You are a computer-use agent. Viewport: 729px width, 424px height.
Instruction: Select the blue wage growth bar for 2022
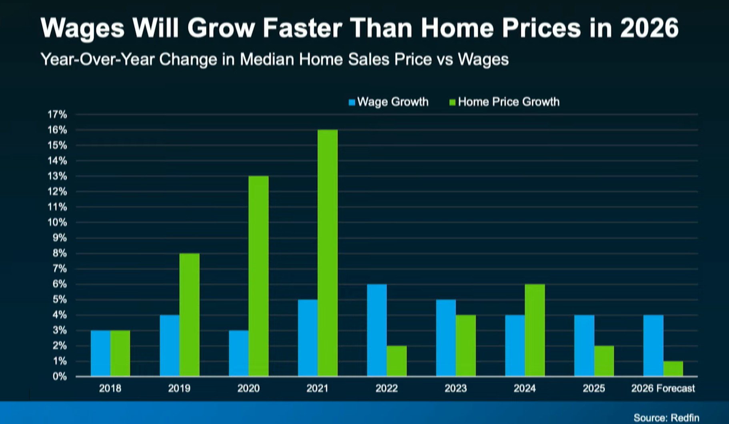pos(377,330)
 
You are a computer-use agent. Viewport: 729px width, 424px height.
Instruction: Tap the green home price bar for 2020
pos(258,276)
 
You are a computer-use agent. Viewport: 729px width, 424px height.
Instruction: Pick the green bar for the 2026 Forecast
pos(673,369)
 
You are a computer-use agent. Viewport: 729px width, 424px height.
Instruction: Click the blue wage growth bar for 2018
pos(100,354)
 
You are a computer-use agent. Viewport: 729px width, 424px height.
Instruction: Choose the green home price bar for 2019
pos(189,315)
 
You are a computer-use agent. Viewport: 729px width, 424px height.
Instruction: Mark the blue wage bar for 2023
pos(446,338)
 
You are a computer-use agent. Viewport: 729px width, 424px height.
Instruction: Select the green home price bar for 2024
pos(535,330)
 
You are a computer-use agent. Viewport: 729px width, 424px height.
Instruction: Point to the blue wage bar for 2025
pos(584,346)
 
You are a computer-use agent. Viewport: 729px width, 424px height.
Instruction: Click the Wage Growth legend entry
pos(389,102)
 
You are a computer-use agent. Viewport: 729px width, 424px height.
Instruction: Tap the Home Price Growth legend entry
pos(505,102)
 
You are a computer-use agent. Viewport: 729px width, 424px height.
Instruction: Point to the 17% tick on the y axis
pos(57,115)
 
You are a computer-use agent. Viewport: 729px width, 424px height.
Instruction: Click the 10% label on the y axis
pos(57,223)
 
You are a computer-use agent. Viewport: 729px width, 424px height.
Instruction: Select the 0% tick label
pos(59,377)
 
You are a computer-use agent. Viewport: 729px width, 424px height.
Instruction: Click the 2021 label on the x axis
pos(317,388)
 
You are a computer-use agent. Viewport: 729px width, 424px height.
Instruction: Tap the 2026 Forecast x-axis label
pos(663,388)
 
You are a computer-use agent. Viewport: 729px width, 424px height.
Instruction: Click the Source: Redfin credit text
pos(666,418)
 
